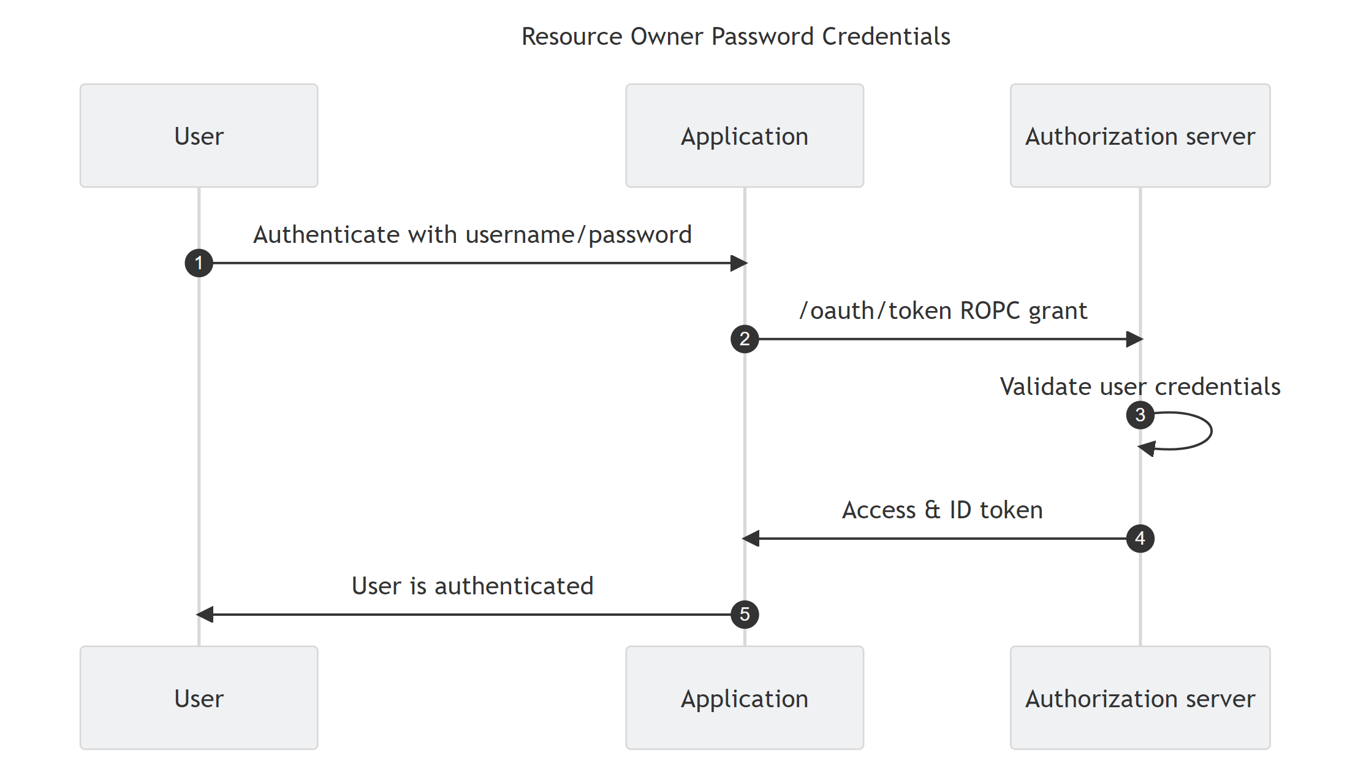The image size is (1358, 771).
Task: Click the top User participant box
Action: (x=199, y=136)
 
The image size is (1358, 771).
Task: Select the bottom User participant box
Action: (x=199, y=698)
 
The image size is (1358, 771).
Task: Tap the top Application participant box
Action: (x=744, y=136)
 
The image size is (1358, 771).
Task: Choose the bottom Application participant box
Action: (x=744, y=698)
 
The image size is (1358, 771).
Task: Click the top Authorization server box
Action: (x=1140, y=136)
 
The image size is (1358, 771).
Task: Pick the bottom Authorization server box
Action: (x=1140, y=698)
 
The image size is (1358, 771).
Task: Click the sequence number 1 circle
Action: (x=199, y=263)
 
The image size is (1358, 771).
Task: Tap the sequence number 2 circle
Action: (x=745, y=339)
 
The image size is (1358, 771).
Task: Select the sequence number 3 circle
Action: (x=1140, y=415)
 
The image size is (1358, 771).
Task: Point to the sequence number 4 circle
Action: (x=1140, y=539)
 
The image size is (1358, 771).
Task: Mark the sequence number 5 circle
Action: (x=745, y=614)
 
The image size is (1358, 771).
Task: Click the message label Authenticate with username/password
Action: (x=472, y=235)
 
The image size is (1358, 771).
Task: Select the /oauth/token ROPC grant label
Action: (x=943, y=311)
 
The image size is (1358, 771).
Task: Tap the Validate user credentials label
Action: (x=1140, y=387)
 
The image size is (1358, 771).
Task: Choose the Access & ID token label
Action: (x=942, y=510)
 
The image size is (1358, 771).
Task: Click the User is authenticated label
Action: (x=472, y=586)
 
